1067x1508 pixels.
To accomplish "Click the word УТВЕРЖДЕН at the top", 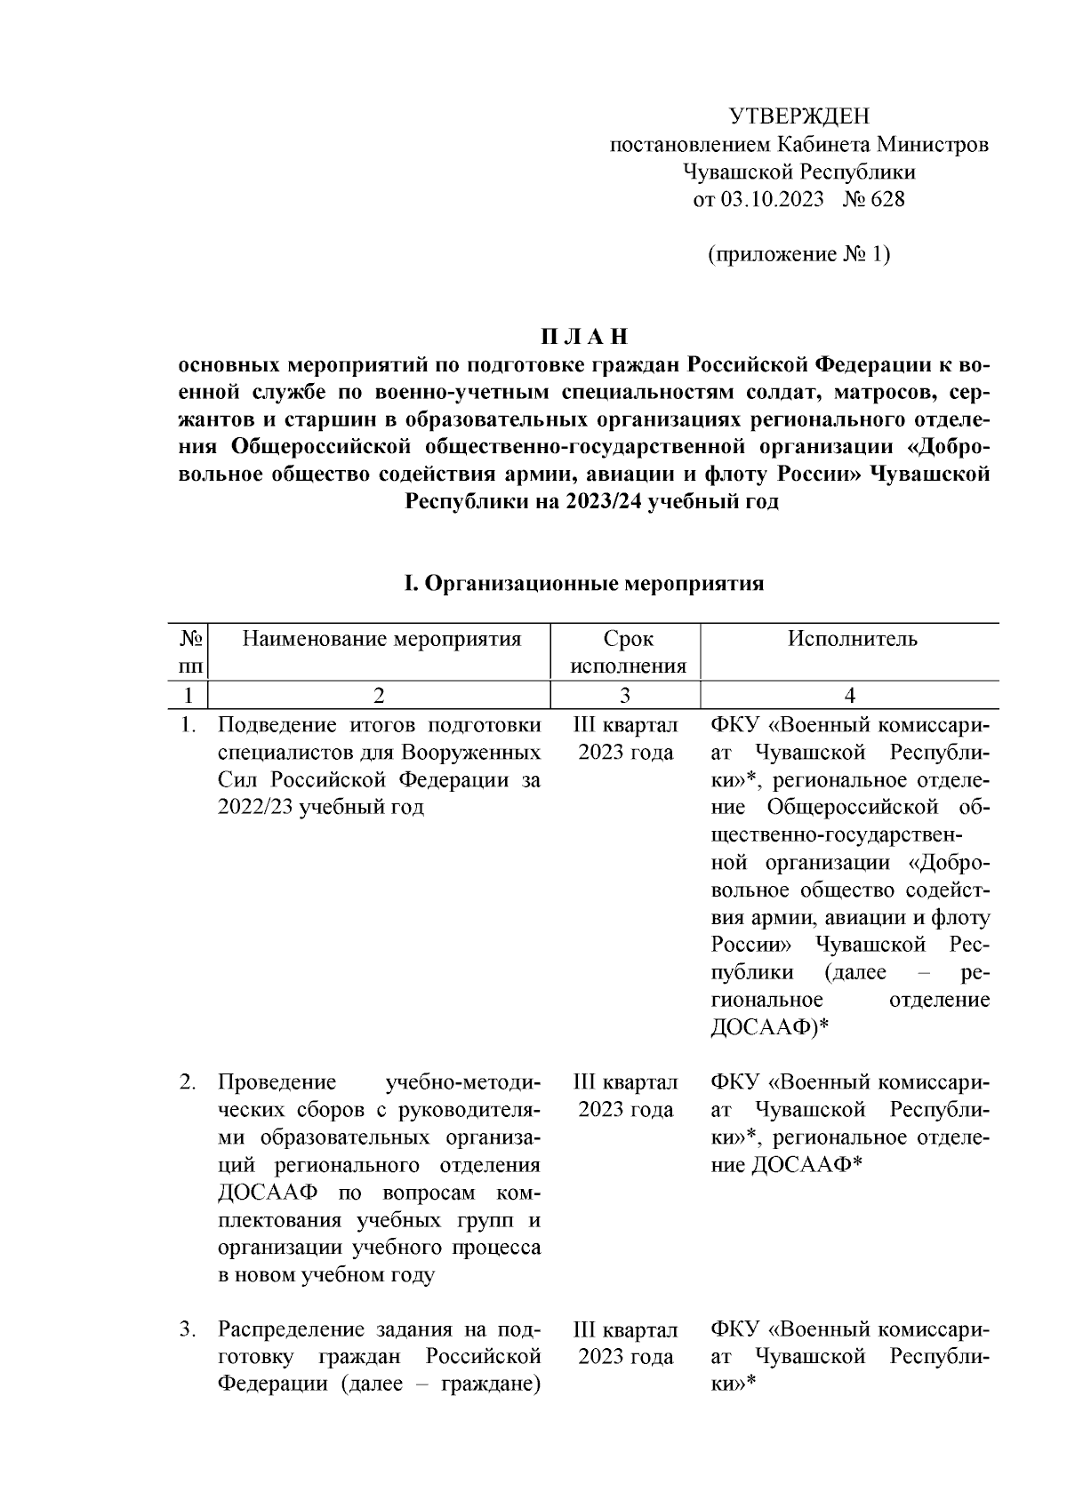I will [798, 116].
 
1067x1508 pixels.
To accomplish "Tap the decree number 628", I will [886, 199].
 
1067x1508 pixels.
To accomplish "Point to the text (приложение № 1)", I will [798, 255].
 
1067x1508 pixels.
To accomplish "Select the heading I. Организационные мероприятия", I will [584, 584].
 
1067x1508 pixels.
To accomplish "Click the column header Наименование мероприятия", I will [381, 639].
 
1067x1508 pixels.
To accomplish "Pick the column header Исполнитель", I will [852, 639].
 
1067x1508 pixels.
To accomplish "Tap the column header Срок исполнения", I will [628, 652].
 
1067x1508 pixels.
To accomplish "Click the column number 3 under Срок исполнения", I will [626, 696].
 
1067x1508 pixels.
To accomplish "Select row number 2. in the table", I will [188, 1083].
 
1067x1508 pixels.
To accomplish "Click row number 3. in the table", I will [188, 1330].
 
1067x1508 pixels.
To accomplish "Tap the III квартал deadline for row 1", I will [626, 726].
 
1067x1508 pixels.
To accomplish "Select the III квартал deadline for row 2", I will [626, 1083].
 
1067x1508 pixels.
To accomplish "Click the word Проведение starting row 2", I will [277, 1083].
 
